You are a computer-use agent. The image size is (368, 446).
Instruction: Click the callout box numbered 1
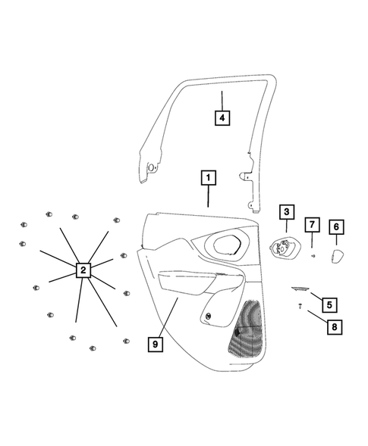pyautogui.click(x=208, y=179)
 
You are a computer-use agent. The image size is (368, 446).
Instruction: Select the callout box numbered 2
pyautogui.click(x=83, y=270)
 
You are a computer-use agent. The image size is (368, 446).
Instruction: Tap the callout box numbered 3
pyautogui.click(x=286, y=213)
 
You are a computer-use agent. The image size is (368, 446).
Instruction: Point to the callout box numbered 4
pyautogui.click(x=221, y=118)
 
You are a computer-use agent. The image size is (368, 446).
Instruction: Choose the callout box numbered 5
pyautogui.click(x=329, y=305)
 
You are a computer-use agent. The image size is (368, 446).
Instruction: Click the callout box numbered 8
pyautogui.click(x=332, y=327)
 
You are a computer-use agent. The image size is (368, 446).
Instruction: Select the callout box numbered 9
pyautogui.click(x=155, y=344)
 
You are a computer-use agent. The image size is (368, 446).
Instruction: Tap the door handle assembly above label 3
pyautogui.click(x=285, y=246)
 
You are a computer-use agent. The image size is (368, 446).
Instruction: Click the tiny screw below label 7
pyautogui.click(x=313, y=256)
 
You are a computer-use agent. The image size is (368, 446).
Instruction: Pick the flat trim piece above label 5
pyautogui.click(x=301, y=288)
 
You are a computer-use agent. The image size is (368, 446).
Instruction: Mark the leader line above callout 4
pyautogui.click(x=221, y=98)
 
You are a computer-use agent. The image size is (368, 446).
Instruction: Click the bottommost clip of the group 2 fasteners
pyautogui.click(x=93, y=348)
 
